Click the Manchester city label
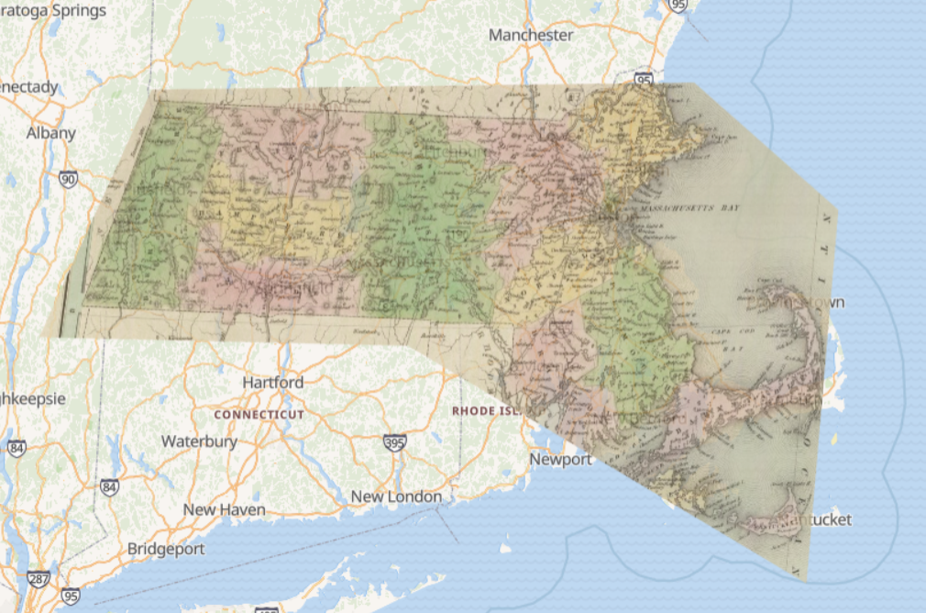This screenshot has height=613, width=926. point(531,35)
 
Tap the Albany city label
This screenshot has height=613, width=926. point(50,133)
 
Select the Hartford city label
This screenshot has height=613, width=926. point(272,382)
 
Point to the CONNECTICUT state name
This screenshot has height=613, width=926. point(259,415)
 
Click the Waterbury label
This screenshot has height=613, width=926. point(199,441)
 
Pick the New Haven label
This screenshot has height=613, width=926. point(224,509)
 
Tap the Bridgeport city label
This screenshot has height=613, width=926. point(166,549)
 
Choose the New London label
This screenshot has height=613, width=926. point(396,496)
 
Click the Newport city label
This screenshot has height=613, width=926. point(560,459)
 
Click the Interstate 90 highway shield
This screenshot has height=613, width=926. point(68,179)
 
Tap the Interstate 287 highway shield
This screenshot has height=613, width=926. point(39,580)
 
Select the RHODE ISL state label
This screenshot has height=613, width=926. point(486,411)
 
